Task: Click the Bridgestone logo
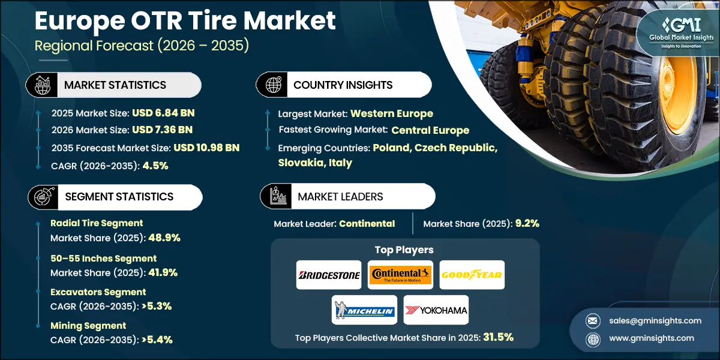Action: click(329, 275)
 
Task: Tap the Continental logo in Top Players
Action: click(400, 275)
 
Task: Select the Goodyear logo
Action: click(472, 275)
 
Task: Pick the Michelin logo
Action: click(365, 310)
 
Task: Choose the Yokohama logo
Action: click(436, 310)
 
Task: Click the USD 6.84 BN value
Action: click(163, 113)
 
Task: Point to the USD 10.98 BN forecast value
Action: click(206, 148)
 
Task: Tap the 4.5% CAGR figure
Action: click(155, 166)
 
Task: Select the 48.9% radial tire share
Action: click(164, 238)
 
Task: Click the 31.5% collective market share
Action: click(498, 337)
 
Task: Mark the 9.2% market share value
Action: click(527, 223)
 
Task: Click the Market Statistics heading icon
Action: click(43, 85)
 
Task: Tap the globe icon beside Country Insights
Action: click(273, 85)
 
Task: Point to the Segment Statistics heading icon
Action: click(44, 197)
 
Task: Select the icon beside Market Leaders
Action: click(278, 196)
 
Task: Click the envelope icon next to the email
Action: click(593, 321)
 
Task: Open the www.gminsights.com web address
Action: click(652, 338)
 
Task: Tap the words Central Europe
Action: click(430, 130)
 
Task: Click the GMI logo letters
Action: click(681, 25)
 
